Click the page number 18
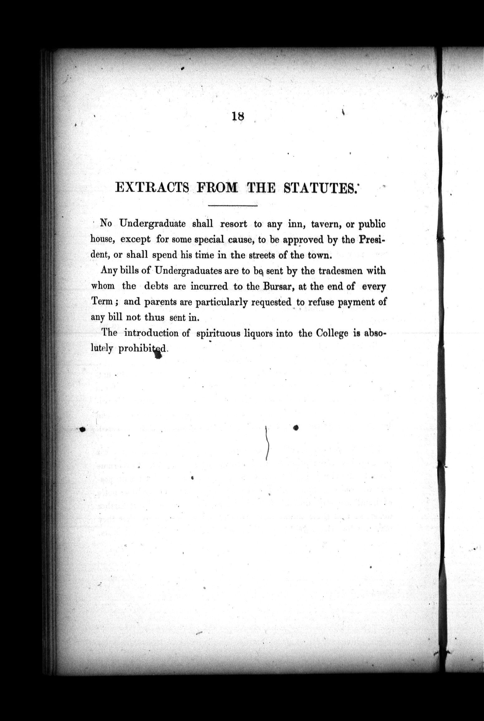238,116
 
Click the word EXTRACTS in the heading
152,188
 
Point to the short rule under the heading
233,206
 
